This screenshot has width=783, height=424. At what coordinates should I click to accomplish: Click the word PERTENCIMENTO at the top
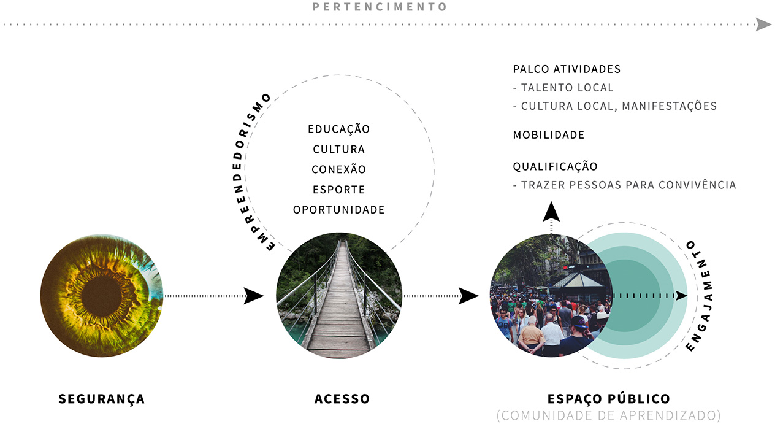coord(380,7)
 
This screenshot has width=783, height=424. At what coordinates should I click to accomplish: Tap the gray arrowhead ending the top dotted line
coord(763,25)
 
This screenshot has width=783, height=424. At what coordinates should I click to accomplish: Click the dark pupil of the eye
coord(101,296)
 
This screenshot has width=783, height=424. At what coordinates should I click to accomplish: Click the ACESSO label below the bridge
coord(342,399)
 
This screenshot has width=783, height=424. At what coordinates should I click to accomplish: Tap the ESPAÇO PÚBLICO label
coord(609,399)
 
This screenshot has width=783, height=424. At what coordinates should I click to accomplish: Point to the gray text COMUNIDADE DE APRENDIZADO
coord(609,415)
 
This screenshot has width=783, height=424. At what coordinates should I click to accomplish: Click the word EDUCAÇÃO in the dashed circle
coord(338,128)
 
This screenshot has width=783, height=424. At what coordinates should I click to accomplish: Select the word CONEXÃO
coord(338,169)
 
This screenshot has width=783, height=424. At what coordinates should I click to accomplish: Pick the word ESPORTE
coord(338,190)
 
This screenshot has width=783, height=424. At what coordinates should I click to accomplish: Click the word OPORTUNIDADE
coord(338,210)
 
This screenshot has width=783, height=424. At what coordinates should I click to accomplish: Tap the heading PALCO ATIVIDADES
coord(567,69)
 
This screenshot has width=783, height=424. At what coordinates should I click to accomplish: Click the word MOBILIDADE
coord(548,135)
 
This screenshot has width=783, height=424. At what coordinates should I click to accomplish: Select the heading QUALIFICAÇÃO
coord(555,166)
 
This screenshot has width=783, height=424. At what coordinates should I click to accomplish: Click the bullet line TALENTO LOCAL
coord(563,88)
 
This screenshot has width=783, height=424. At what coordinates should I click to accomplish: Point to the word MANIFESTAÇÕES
coord(670,106)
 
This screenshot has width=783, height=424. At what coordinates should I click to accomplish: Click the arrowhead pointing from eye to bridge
coord(253,296)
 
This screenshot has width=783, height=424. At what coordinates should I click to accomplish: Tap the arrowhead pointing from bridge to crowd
coord(468,296)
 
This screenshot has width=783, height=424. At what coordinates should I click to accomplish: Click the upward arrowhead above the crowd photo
coord(551,212)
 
